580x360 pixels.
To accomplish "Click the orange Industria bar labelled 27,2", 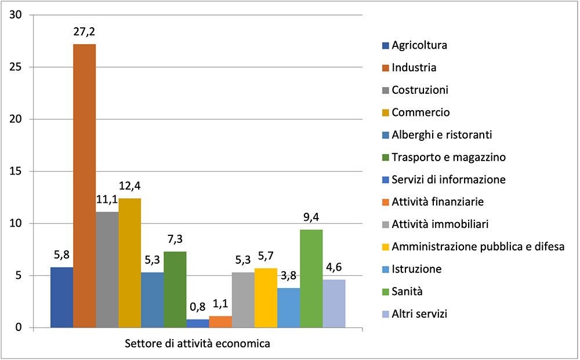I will coord(84,186).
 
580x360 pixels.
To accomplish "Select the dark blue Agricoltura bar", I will coord(61,297).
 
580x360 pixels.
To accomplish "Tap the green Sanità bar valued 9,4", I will coord(311,278).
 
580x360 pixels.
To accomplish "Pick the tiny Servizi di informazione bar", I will coord(197,323).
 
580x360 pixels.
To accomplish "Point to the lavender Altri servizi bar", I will coord(333,304).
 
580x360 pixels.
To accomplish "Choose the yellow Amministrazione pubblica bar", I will coord(266,298).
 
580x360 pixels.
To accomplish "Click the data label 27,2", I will coord(84,32).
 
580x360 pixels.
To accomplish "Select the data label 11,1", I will coord(107,201).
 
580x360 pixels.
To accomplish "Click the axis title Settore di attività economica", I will coord(197,344).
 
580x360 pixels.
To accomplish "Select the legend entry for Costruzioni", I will coord(420,90).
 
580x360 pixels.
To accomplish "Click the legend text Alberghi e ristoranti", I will coord(441,134).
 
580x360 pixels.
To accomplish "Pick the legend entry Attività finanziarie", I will coord(437,202).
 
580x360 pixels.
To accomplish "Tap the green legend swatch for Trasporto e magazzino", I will coord(385,157).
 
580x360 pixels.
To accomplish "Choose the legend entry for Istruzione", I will coord(416,269).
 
